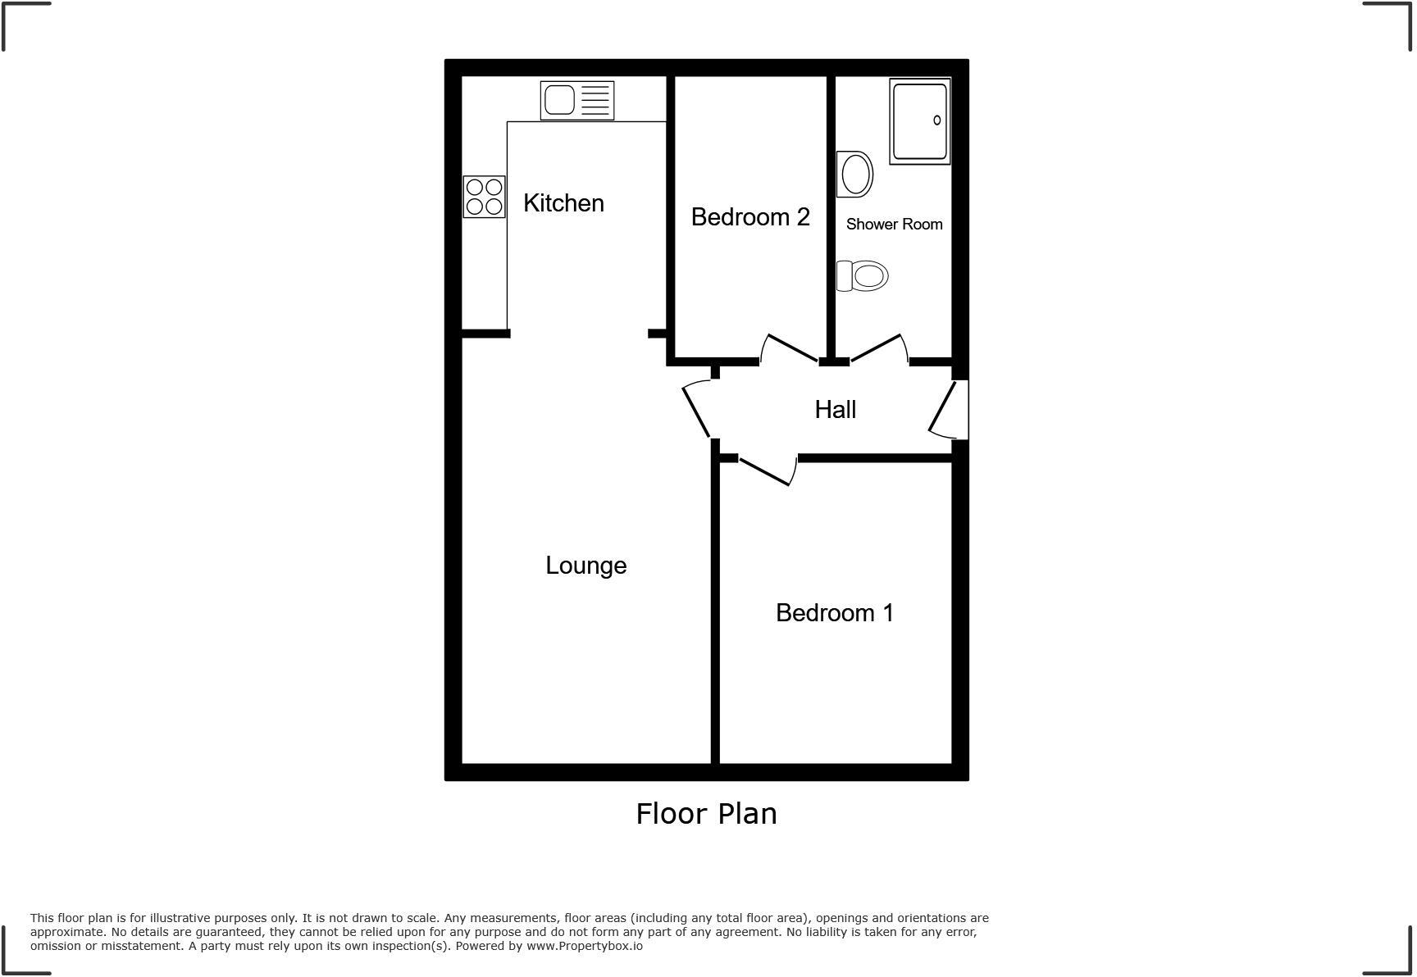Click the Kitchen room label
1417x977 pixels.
coord(563,203)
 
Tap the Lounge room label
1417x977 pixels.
coord(585,566)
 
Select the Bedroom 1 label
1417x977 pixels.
coord(834,613)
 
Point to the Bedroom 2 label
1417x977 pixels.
coord(750,217)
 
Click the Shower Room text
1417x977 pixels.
coord(894,225)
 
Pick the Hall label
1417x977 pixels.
coord(835,410)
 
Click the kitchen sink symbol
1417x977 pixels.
coord(576,101)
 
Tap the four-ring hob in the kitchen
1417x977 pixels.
coord(484,197)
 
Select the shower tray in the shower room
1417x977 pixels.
coord(919,121)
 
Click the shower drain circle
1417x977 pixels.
coord(936,120)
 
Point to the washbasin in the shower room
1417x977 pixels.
coord(854,175)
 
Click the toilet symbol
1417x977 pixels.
coord(862,276)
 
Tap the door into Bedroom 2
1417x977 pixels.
coord(790,348)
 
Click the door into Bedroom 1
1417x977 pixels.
coord(766,471)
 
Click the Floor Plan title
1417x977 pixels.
coord(706,814)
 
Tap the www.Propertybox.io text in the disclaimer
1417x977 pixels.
coord(584,946)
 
